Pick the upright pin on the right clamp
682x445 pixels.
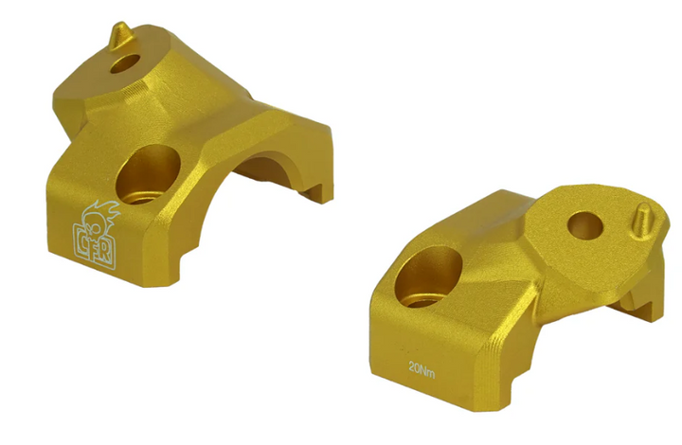coord(641,217)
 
